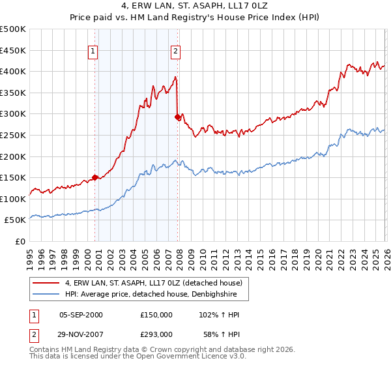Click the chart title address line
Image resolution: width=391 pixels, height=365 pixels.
coord(195,6)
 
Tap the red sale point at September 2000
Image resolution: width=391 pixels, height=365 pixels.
coord(95,177)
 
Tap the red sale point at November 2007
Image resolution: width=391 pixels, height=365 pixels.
coord(178,117)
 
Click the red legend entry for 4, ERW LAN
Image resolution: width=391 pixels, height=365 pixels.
coord(153,283)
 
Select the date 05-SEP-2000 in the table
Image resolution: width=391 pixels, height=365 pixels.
coord(81,315)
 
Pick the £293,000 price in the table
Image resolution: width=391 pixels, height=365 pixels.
coord(156,334)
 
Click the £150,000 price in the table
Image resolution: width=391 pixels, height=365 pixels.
coord(156,315)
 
